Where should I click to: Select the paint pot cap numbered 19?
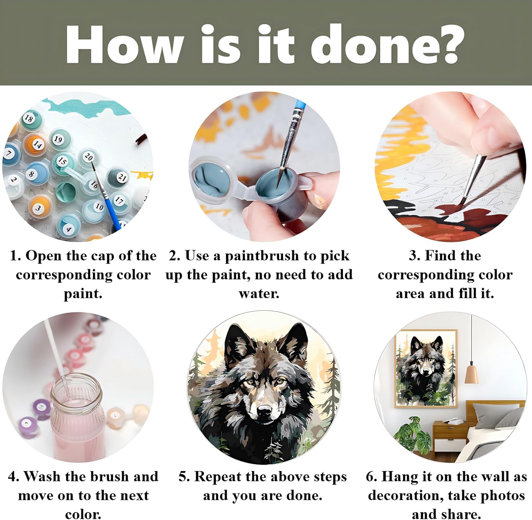coord(58,139)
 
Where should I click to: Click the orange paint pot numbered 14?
coord(37,144)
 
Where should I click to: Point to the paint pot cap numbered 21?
coord(122,177)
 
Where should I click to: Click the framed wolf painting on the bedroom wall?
coord(426,368)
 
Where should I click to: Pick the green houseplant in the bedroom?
coord(412,435)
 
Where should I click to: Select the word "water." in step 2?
coord(259,294)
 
